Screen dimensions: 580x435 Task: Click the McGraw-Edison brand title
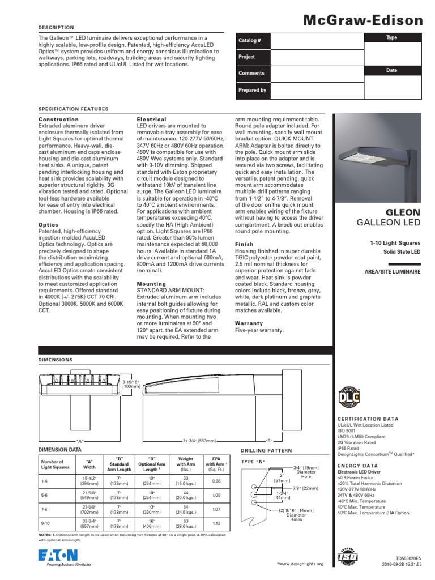pyautogui.click(x=363, y=21)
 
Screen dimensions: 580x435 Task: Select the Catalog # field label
pyautogui.click(x=250, y=41)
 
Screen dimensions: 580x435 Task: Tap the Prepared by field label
pyautogui.click(x=252, y=90)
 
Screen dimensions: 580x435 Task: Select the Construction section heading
pyautogui.click(x=58, y=120)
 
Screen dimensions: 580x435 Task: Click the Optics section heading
pyautogui.click(x=48, y=225)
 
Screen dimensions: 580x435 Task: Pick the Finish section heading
pyautogui.click(x=244, y=244)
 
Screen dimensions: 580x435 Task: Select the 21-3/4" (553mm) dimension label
pyautogui.click(x=199, y=440)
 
